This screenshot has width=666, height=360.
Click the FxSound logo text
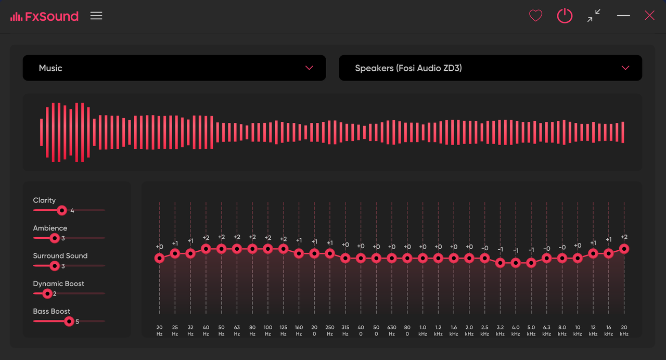click(52, 16)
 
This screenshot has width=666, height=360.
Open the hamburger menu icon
click(96, 16)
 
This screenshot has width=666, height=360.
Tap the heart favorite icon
click(536, 16)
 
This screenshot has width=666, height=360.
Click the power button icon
click(565, 16)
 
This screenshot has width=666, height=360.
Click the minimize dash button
click(623, 16)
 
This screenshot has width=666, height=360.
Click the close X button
click(650, 16)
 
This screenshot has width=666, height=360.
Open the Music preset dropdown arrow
click(309, 68)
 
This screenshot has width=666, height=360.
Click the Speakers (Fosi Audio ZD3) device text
click(408, 68)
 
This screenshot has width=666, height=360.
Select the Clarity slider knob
click(62, 211)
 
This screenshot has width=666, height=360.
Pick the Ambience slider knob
click(55, 238)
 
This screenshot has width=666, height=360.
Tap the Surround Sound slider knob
click(55, 266)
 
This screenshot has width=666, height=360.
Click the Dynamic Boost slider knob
click(47, 294)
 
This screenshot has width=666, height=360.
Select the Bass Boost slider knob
click(69, 322)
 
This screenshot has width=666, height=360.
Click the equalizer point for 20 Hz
click(159, 258)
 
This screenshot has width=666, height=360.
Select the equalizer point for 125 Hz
click(284, 249)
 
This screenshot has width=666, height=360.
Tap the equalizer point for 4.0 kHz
click(516, 263)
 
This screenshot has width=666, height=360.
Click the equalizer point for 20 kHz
click(624, 249)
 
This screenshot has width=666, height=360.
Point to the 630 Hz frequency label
click(392, 330)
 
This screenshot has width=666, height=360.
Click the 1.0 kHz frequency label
click(422, 330)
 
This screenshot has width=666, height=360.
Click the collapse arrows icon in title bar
click(594, 16)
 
